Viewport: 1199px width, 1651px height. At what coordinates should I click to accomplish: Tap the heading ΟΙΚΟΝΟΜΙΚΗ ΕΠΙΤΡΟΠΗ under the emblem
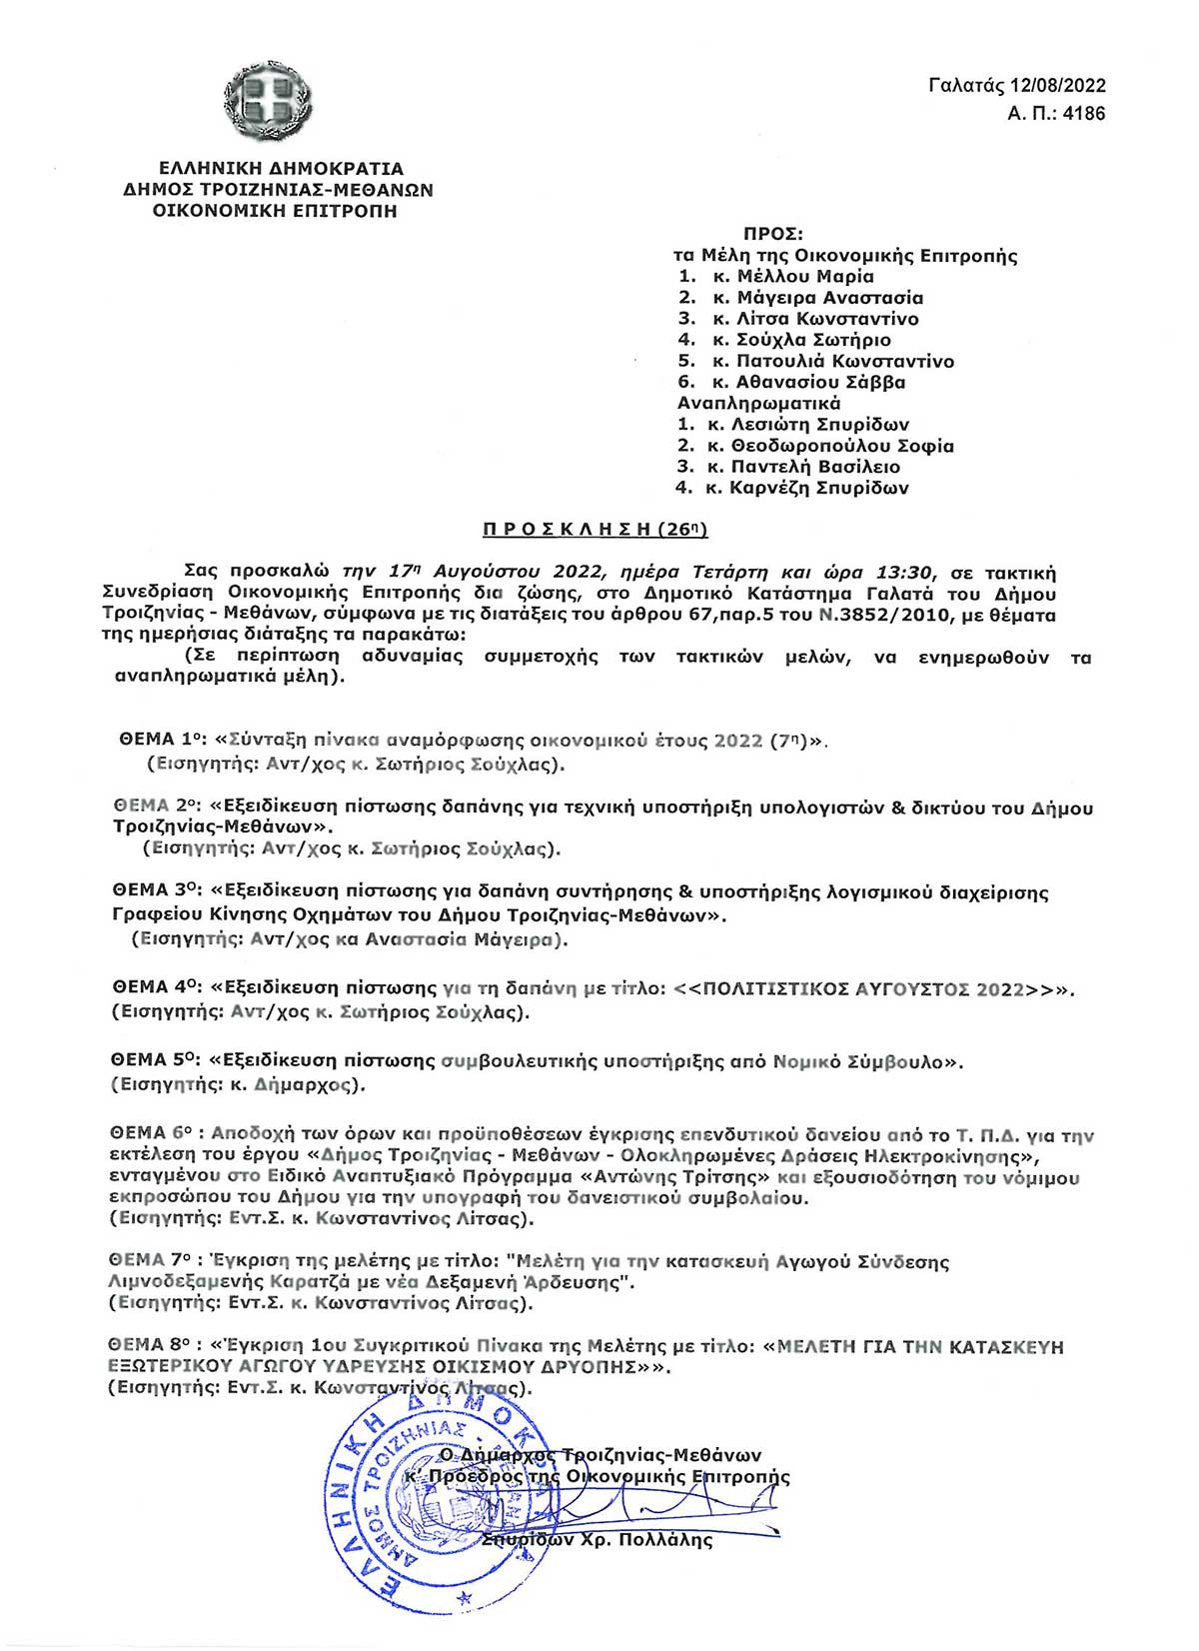pyautogui.click(x=274, y=211)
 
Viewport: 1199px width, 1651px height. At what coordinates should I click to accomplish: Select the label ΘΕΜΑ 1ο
pyautogui.click(x=161, y=741)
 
